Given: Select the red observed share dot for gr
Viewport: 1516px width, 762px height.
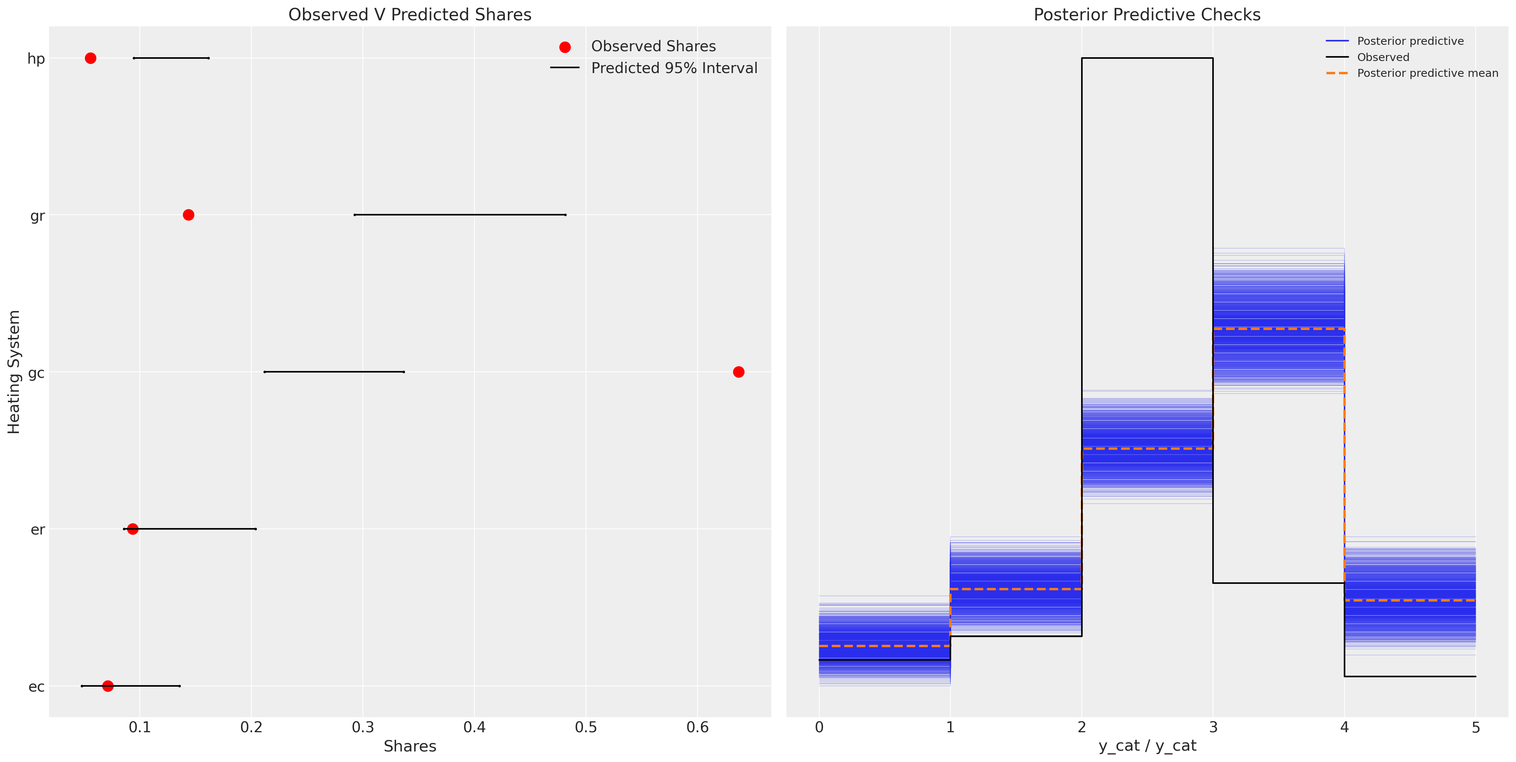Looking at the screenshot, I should [188, 215].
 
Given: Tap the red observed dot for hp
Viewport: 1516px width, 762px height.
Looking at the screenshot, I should [90, 58].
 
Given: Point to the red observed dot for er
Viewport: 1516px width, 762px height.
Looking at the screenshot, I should [132, 529].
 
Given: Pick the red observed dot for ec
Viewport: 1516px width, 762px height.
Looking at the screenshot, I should [108, 686].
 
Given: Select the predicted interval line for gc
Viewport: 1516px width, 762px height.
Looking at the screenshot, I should [333, 372].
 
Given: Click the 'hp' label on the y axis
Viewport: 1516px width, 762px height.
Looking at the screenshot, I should [36, 59].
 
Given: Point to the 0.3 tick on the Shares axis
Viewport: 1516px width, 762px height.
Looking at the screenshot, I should [363, 728].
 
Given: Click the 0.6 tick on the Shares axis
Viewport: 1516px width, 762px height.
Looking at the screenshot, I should [698, 728].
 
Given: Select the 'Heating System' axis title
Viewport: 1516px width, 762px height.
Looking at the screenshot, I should [14, 372].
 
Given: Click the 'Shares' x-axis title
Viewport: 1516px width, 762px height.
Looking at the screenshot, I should [410, 747].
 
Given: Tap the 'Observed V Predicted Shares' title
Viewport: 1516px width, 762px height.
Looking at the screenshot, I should [410, 15].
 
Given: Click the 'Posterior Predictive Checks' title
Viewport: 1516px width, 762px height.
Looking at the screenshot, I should [1147, 15].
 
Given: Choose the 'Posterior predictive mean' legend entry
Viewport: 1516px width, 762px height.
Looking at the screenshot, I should [1427, 73].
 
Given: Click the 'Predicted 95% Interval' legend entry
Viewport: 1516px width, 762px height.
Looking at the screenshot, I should [674, 68].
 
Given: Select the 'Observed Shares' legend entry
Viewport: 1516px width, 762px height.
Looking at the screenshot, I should [653, 46].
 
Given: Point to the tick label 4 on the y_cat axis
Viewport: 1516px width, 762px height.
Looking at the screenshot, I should [1344, 728].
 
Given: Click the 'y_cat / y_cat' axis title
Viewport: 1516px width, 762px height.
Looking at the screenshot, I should [1147, 746].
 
